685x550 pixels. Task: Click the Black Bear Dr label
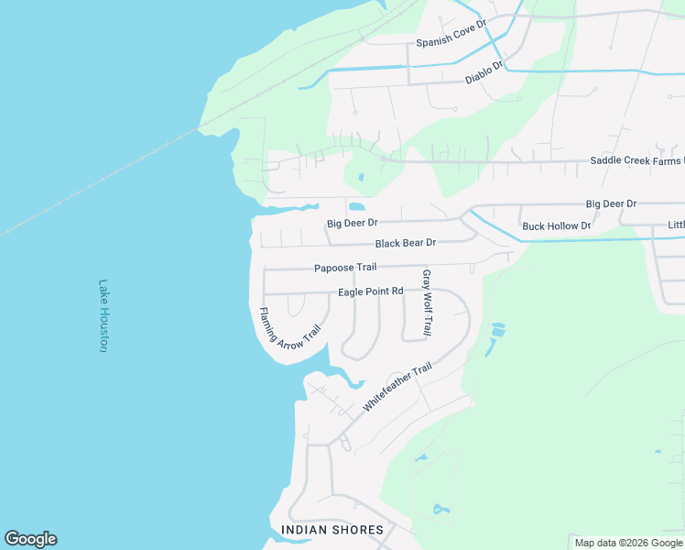coord(405,243)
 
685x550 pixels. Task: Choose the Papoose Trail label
coord(345,268)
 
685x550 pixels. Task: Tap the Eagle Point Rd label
coord(371,291)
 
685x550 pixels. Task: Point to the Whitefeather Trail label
coord(397,387)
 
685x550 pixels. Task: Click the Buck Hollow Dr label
coord(557,225)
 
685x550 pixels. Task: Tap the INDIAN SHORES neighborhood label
coord(332,530)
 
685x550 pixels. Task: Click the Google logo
coord(30,539)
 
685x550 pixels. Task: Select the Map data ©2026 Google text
coord(627,543)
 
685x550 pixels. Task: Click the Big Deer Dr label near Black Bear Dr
coord(353,223)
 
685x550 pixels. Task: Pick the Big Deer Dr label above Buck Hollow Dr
coord(611,203)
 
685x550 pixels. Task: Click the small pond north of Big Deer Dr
coord(355,205)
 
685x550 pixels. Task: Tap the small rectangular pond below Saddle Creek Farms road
coord(361,177)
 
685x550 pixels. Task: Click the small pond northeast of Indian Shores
coord(440,509)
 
